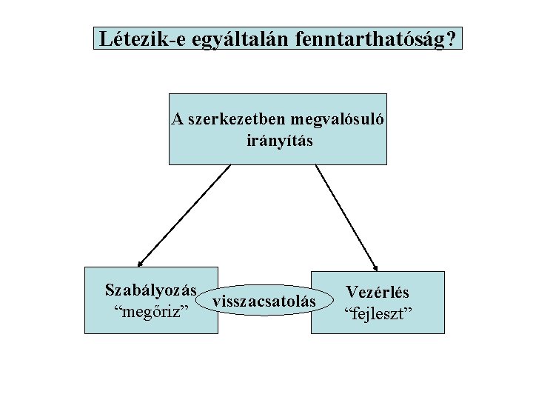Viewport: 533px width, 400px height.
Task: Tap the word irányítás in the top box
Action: click(x=279, y=139)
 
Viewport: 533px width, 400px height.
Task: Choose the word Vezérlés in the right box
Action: click(x=378, y=293)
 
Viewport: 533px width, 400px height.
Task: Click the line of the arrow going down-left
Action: click(x=185, y=213)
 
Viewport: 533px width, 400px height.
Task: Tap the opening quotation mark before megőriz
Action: click(x=113, y=305)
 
